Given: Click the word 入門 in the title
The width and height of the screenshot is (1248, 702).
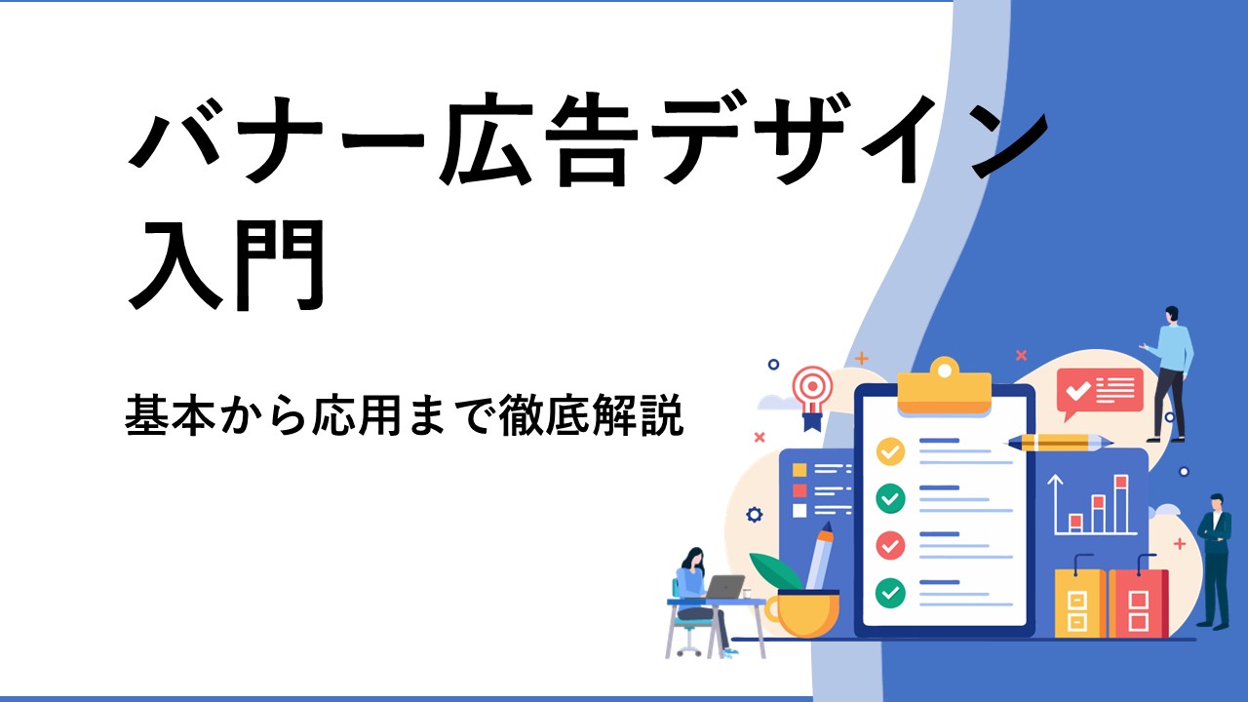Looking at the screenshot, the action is (227, 265).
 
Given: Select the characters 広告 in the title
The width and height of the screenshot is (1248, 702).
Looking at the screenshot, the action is (538, 138).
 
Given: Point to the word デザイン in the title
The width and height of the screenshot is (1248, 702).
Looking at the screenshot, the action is (850, 138).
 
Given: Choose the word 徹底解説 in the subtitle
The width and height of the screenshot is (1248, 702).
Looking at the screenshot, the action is (591, 415).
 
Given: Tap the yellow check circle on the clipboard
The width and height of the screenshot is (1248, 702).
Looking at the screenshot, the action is (890, 451).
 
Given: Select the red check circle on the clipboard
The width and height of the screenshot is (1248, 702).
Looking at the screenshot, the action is (890, 545).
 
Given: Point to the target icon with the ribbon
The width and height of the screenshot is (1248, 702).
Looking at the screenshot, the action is (813, 397).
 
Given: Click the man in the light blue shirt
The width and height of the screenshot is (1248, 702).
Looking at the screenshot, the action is (1169, 373).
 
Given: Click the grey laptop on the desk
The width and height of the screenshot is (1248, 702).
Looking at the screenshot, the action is (724, 587).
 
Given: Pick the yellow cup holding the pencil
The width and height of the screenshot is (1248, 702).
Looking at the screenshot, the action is (802, 613).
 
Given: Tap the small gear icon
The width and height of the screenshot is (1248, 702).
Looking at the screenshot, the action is (755, 514).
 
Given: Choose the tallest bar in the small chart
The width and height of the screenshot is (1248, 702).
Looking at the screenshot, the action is (1121, 503).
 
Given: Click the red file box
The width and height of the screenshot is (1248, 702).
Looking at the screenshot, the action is (1138, 603).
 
